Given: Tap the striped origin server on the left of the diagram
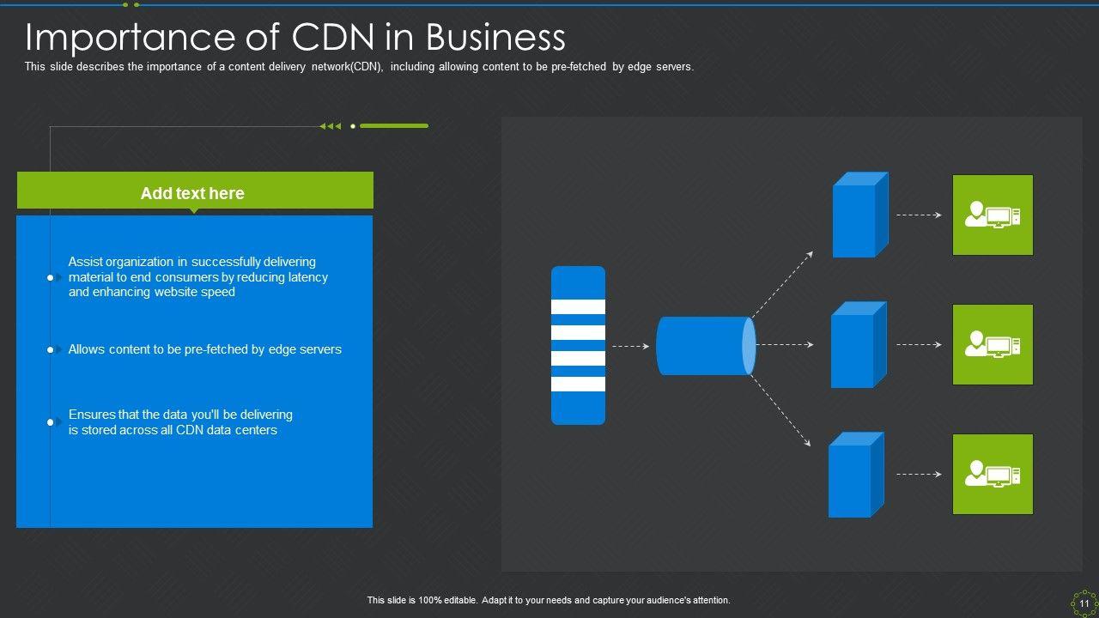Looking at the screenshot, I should coord(578,345).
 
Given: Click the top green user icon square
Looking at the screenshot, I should coord(993,215).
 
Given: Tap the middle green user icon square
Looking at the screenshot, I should coord(993,345).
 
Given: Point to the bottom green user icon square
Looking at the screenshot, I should coord(993,475).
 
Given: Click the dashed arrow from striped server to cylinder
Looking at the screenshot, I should coord(630,346).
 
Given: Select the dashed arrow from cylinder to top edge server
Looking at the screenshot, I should coord(782,284).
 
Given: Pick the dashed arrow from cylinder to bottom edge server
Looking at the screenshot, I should coord(780,410).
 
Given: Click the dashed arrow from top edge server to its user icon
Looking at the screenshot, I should coord(919,215).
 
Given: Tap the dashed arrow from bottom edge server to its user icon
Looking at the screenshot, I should coord(919,475).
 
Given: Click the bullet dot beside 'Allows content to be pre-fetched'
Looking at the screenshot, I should coord(51,350).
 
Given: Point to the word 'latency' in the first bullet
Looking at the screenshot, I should coord(307,277).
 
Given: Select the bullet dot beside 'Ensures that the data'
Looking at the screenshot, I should coord(51,422).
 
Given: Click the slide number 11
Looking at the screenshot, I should coord(1084,604).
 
